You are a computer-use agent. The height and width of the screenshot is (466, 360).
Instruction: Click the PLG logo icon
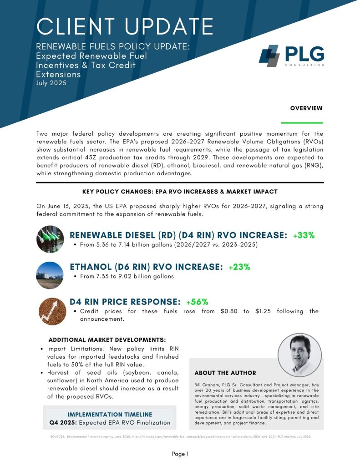(269, 56)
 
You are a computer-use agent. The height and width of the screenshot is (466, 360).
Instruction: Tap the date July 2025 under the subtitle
(52, 83)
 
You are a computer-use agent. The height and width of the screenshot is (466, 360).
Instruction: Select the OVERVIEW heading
(306, 108)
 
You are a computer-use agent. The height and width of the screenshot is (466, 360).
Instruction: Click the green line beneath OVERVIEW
(302, 123)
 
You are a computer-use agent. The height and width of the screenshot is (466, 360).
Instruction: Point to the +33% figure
(304, 235)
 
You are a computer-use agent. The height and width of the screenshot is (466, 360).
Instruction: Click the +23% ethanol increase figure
(239, 267)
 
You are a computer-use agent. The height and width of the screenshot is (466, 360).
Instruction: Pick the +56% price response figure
(197, 301)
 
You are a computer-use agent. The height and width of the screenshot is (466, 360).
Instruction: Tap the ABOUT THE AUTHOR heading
(225, 373)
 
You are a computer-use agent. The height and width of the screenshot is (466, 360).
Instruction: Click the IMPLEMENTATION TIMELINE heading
(110, 415)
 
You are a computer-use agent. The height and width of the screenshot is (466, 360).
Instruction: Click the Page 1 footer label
(180, 454)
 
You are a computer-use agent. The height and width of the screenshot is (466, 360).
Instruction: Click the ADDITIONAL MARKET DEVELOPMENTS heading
(107, 340)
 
